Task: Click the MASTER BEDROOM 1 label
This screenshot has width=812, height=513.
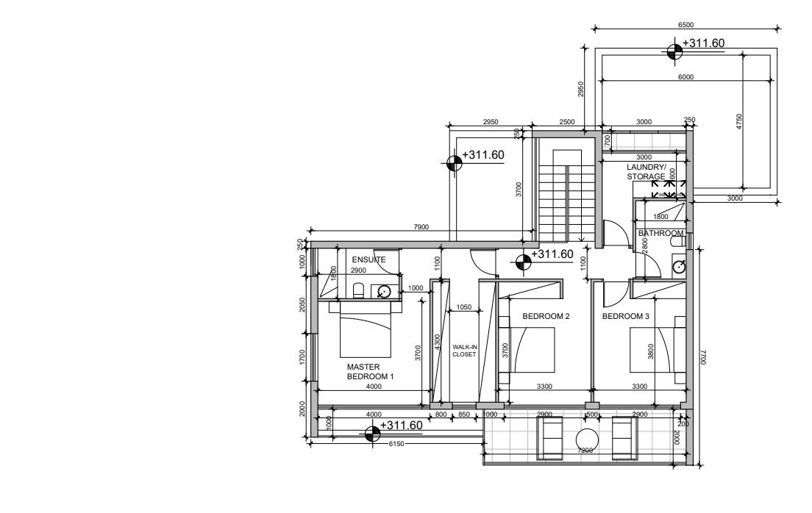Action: click(370, 370)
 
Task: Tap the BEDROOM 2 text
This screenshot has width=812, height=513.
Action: click(546, 316)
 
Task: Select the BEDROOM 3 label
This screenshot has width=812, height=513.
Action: click(626, 316)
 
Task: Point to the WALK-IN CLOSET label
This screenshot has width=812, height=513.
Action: click(465, 350)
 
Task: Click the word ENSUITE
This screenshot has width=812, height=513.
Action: click(368, 259)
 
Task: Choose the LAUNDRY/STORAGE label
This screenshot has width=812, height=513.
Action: click(647, 172)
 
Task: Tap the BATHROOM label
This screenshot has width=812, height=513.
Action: click(660, 233)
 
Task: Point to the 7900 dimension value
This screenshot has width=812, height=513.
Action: click(421, 227)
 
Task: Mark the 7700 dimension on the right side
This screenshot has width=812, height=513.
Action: click(703, 357)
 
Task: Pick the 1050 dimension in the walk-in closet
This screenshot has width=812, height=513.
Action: click(463, 306)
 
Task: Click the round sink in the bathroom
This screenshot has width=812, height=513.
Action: click(680, 267)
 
